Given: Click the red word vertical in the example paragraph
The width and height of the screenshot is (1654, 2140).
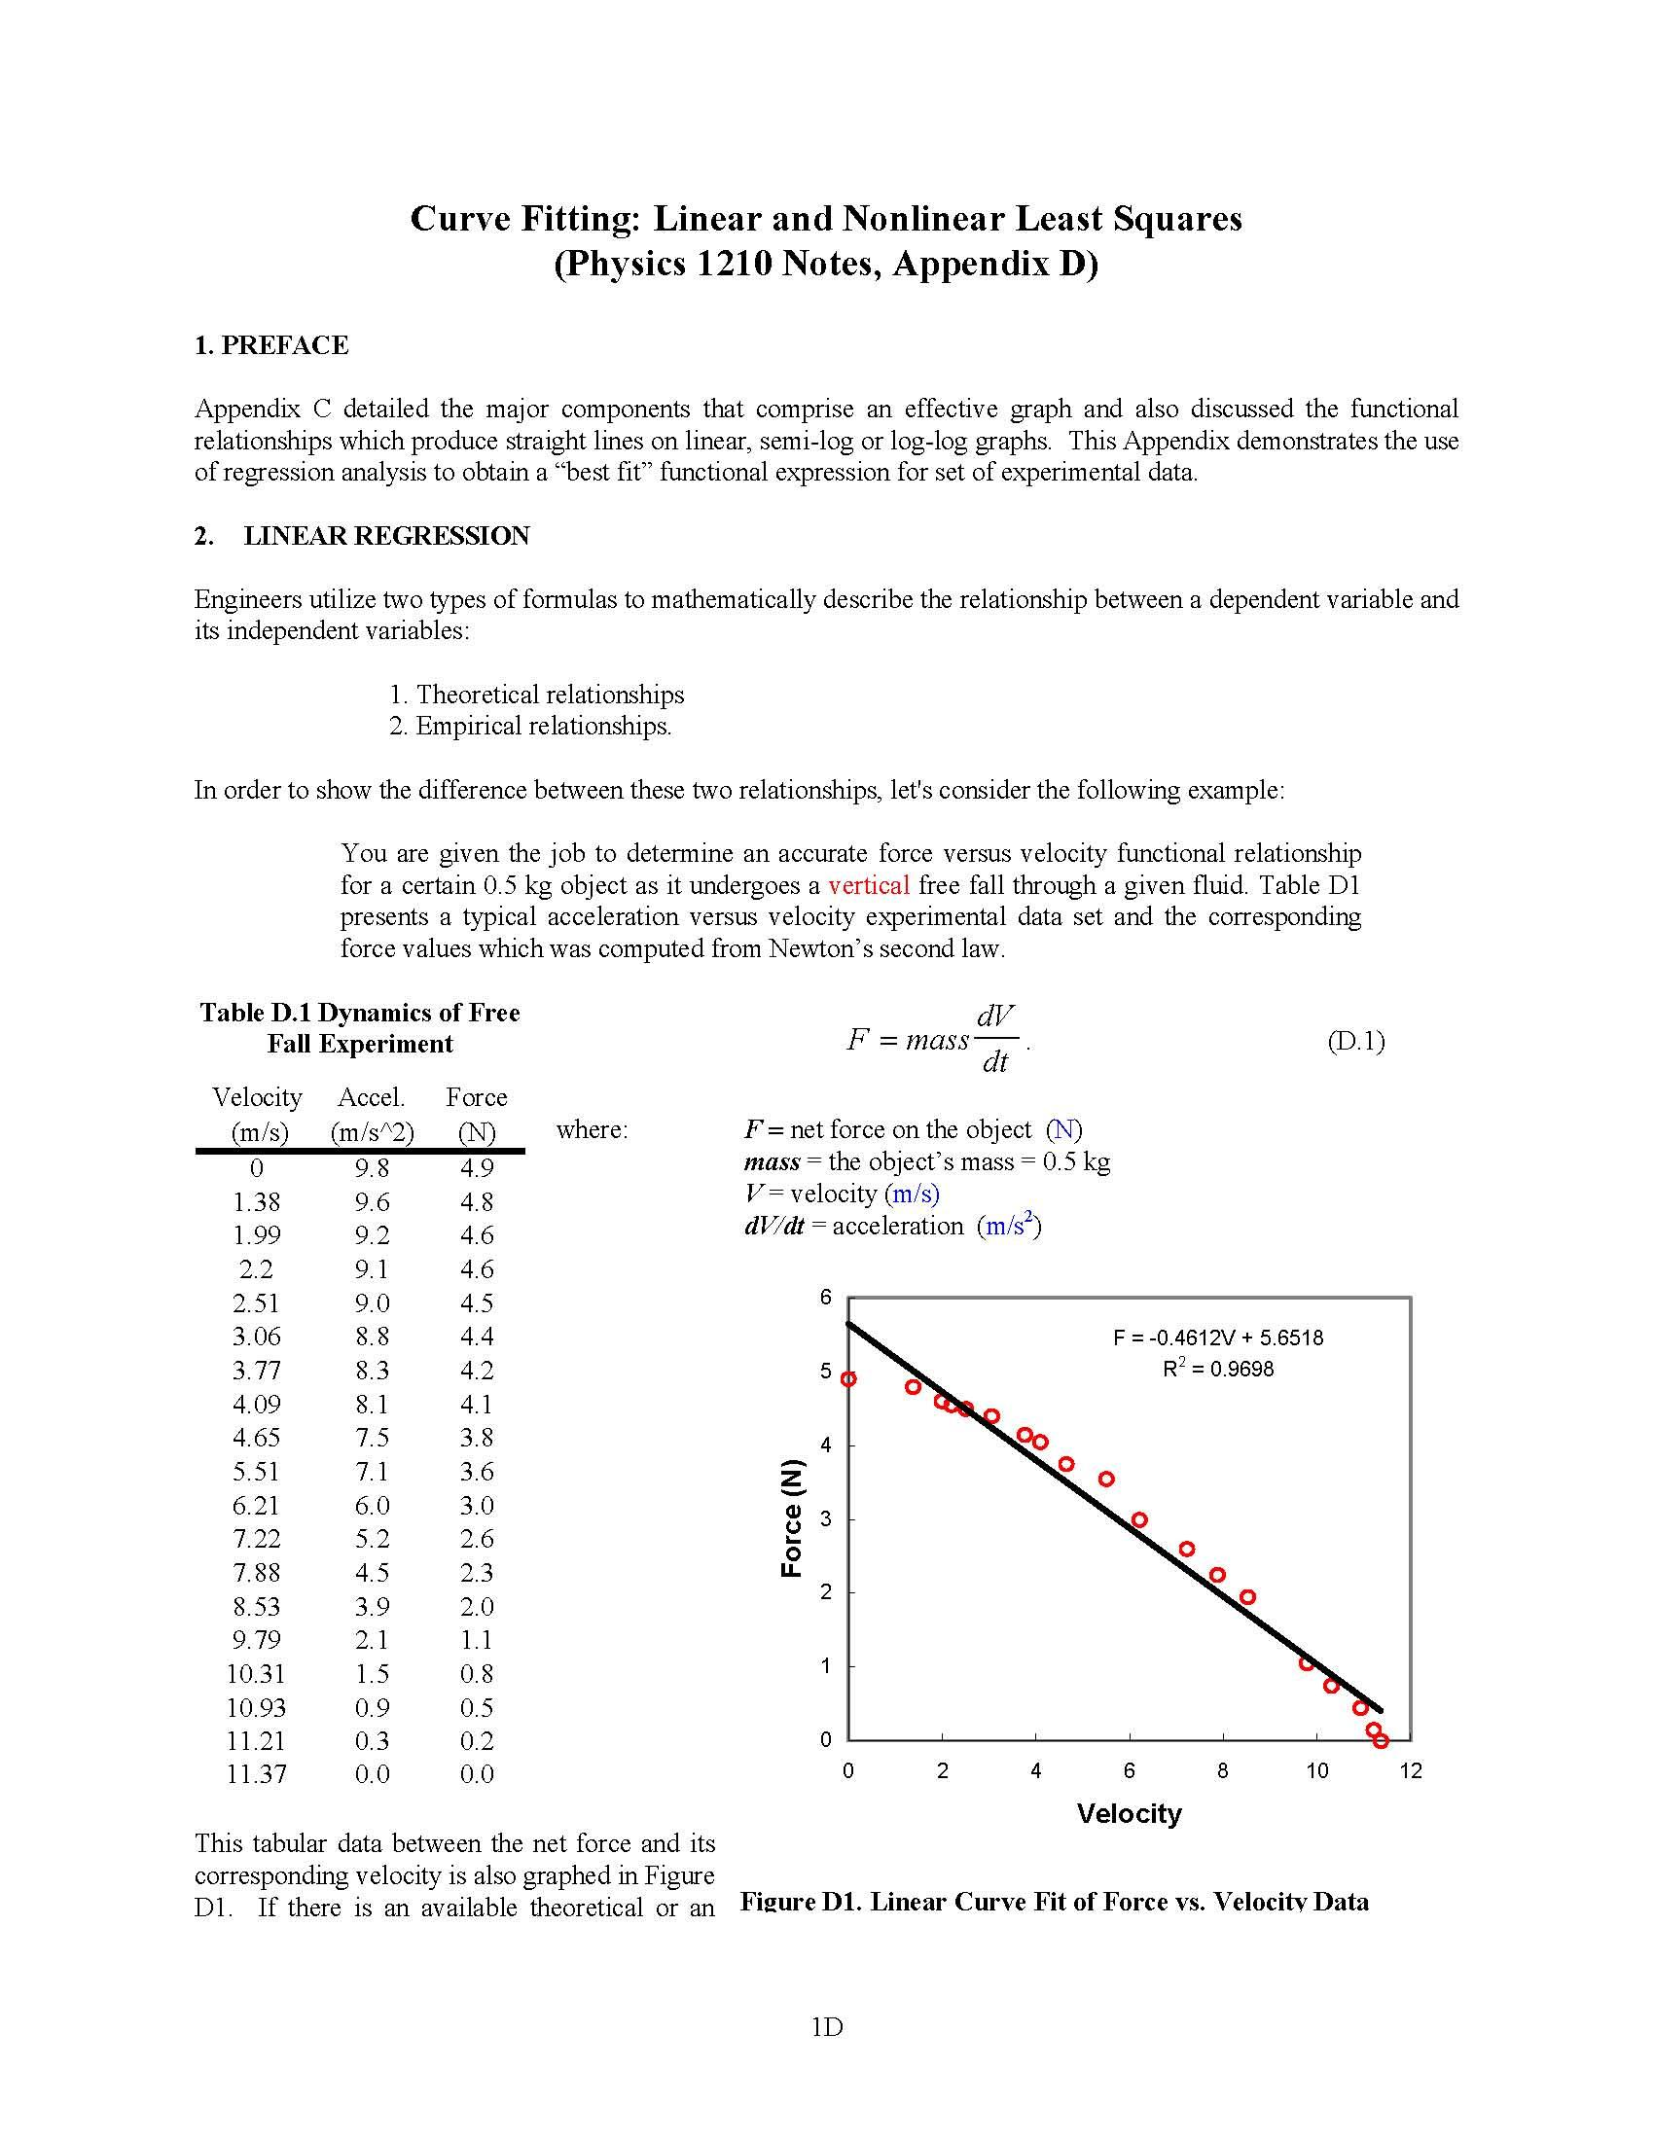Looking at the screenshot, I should [868, 886].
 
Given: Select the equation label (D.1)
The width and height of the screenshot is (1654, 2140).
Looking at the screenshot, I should [1355, 1041].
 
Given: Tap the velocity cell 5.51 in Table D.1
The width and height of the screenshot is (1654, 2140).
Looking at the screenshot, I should [256, 1472].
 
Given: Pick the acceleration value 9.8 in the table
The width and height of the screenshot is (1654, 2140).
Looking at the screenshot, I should [372, 1168].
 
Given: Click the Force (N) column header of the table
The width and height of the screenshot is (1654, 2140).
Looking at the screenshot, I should [476, 1114].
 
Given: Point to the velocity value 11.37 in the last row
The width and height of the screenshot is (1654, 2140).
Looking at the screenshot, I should [256, 1774].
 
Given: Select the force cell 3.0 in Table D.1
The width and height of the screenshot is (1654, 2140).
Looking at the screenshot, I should [476, 1505].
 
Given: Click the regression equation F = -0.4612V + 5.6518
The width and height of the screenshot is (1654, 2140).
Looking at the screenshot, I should [1217, 1337].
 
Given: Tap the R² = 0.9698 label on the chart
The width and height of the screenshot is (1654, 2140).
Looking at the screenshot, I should [1217, 1369].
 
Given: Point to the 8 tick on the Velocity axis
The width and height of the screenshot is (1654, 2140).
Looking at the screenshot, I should [1222, 1771].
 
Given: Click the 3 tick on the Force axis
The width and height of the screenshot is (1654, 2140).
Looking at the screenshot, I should [825, 1518].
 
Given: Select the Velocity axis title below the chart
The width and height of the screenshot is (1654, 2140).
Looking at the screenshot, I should [1128, 1814].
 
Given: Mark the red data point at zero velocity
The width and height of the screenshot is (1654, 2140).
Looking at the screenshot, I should [848, 1378].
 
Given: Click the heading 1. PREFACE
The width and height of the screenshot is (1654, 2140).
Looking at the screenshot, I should [270, 346].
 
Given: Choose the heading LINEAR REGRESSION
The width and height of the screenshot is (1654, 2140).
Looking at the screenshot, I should [386, 536].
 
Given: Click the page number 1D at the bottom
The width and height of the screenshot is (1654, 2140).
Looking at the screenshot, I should [827, 2027].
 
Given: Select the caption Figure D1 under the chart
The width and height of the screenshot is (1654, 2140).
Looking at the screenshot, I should [1054, 1902].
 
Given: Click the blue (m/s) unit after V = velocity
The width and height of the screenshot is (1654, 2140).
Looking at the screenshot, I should [912, 1194].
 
